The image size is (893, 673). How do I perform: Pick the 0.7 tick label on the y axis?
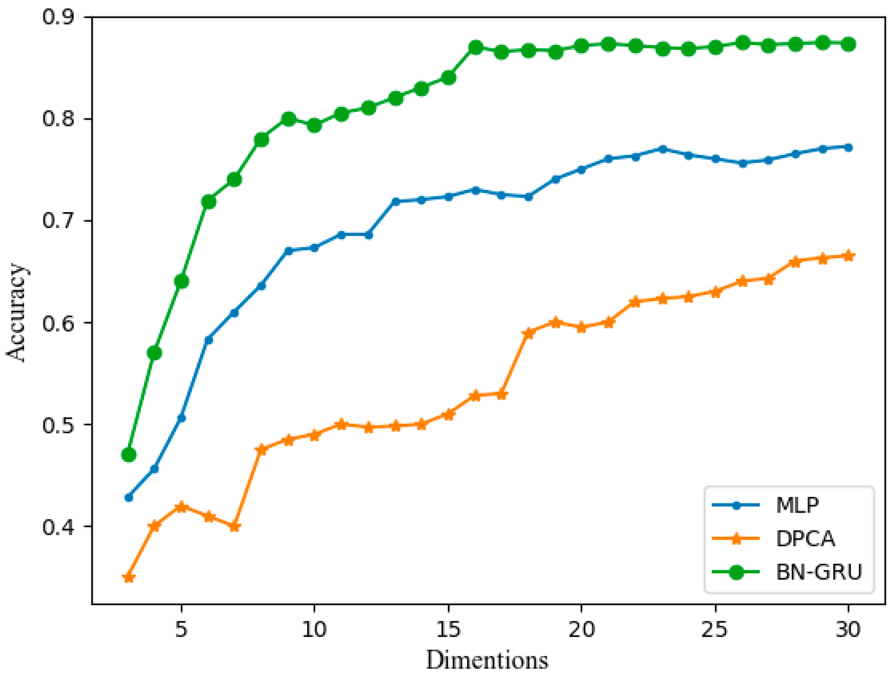point(58,221)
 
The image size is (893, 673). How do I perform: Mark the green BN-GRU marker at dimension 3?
point(129,455)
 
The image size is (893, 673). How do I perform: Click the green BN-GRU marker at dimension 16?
point(476,47)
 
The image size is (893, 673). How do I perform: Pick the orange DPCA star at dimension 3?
point(129,578)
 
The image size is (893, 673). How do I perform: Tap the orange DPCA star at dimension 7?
point(234,527)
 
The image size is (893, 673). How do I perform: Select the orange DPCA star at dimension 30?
point(848,256)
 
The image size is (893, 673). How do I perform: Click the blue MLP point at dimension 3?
point(129,497)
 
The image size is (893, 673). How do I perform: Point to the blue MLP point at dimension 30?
point(848,148)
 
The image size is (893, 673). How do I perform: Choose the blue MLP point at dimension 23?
point(662,149)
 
